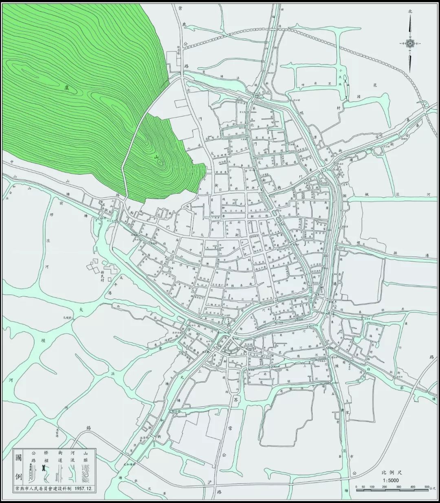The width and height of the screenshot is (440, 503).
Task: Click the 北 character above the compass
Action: tap(410, 12)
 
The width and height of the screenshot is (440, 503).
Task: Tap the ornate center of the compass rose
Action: tap(410, 43)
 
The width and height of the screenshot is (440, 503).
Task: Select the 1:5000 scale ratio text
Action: tap(391, 481)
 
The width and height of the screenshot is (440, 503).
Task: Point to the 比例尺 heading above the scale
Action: tap(391, 473)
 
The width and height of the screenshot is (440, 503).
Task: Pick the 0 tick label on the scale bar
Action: tap(356, 487)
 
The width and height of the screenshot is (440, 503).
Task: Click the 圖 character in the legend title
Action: tap(19, 457)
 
